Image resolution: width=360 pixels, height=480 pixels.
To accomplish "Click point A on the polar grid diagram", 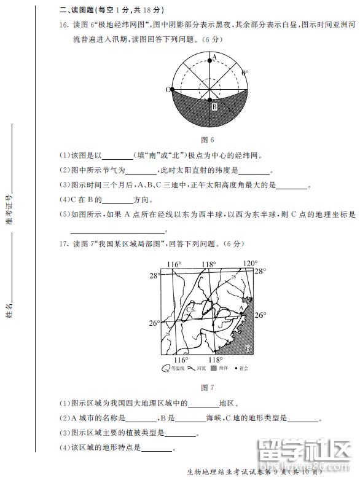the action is (x=209, y=60).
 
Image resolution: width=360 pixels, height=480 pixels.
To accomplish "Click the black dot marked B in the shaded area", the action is (x=209, y=100).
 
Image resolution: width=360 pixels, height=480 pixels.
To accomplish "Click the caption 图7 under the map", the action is (x=208, y=387).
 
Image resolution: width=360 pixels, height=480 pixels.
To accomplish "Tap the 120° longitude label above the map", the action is (x=249, y=264).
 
